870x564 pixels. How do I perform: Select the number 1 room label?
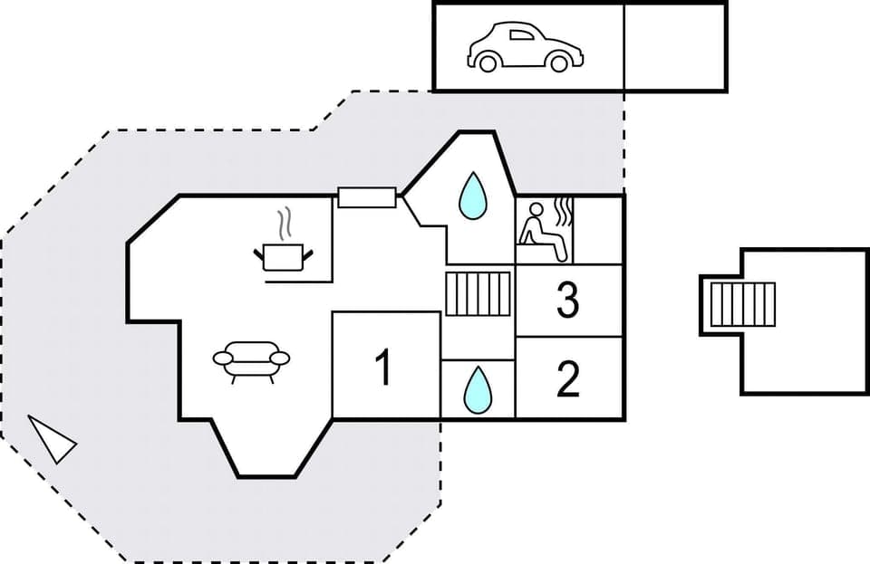click(x=384, y=368)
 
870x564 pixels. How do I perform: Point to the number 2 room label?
click(x=568, y=379)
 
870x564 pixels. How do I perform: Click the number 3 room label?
click(x=568, y=301)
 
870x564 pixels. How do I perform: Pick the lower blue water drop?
click(x=477, y=389)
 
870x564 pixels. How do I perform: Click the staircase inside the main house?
click(x=478, y=293)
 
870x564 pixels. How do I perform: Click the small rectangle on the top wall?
click(x=366, y=196)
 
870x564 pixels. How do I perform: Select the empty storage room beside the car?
click(x=675, y=46)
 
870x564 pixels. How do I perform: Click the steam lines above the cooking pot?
click(x=285, y=223)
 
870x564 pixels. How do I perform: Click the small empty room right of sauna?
click(x=600, y=230)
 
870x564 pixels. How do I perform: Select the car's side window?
click(x=522, y=35)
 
